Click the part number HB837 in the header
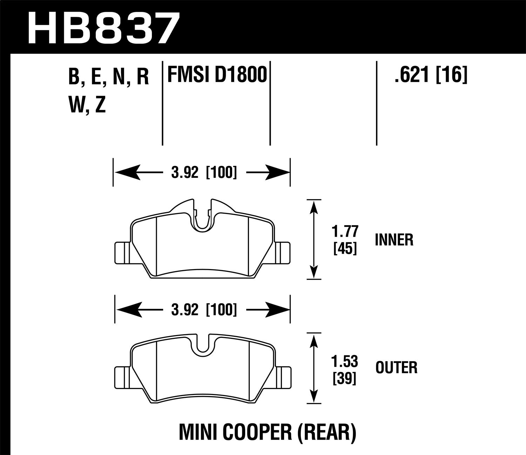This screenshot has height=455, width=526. [x=102, y=27]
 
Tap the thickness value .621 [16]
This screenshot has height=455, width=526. [x=431, y=75]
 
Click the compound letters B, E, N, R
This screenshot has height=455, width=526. [x=109, y=77]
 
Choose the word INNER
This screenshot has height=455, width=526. [x=394, y=240]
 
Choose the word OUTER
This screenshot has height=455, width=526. [x=396, y=368]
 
